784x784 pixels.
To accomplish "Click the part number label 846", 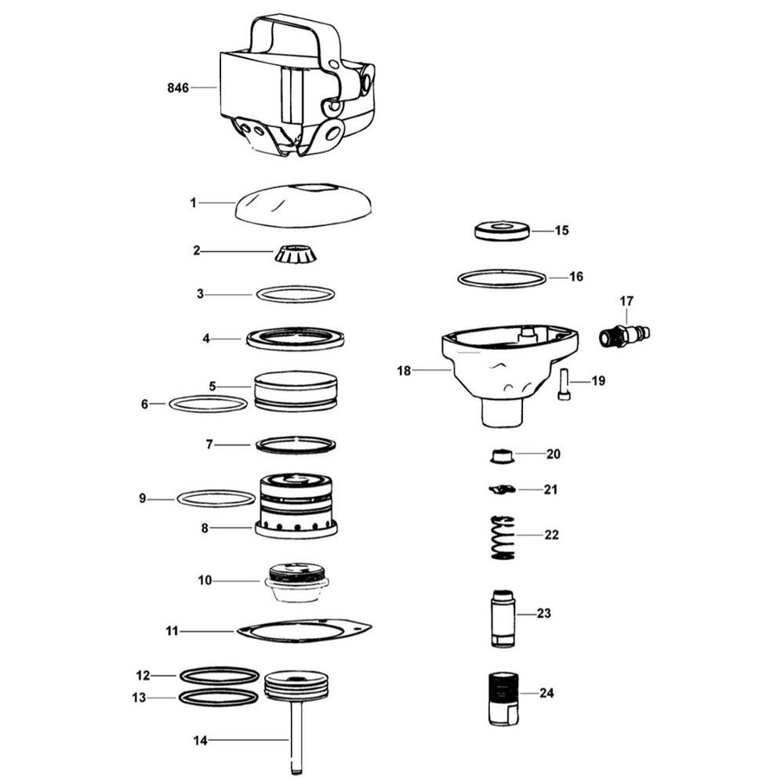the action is [x=178, y=88].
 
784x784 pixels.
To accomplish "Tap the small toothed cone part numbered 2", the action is [x=296, y=254].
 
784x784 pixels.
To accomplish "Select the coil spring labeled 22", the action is [x=503, y=538].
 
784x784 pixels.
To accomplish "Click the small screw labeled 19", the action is [x=564, y=384].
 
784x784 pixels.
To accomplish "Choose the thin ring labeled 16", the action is [x=502, y=278].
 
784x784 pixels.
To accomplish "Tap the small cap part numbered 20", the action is [x=502, y=456].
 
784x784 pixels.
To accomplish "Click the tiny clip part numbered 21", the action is [x=502, y=489].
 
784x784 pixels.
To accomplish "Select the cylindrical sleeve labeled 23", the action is [x=502, y=619].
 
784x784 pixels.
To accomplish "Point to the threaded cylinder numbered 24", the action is [x=503, y=699].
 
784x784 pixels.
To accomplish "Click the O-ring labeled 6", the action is [x=169, y=403].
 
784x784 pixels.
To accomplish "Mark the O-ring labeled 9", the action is [x=177, y=499].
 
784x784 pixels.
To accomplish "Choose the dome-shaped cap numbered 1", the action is [x=304, y=205].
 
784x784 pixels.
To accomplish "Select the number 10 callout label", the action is [x=205, y=580].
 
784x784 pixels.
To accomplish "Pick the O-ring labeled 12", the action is [x=180, y=676].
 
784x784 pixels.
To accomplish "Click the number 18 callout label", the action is [x=404, y=371].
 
